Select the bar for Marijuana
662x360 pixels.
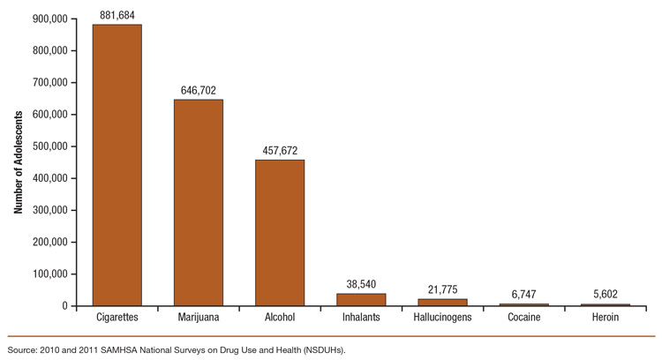199,202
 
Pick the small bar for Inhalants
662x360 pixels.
361,300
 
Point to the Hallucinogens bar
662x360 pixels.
442,303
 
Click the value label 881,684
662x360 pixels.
117,13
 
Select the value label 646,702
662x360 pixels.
199,89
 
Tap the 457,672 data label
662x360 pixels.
280,149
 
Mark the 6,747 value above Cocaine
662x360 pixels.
523,294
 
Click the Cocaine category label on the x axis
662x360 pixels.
523,317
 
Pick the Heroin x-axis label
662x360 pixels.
605,317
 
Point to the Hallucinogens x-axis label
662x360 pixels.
442,317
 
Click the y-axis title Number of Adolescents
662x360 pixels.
18,162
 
